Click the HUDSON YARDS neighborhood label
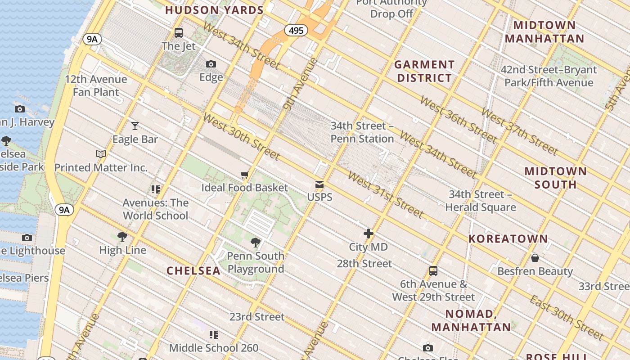215,10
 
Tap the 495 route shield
296,30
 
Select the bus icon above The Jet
179,32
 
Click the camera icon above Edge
211,64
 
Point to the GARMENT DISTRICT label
424,71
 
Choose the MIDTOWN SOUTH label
556,177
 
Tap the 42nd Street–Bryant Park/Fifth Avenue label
549,76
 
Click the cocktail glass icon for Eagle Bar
135,126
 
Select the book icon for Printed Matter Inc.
101,154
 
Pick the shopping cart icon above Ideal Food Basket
244,175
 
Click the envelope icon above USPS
319,184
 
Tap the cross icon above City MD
369,234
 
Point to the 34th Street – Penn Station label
362,132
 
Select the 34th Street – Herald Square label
481,201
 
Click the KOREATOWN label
508,238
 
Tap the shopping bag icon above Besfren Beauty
535,258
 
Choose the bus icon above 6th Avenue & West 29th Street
433,271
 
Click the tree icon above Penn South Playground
256,243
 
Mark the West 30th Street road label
242,136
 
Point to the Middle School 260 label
214,348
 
